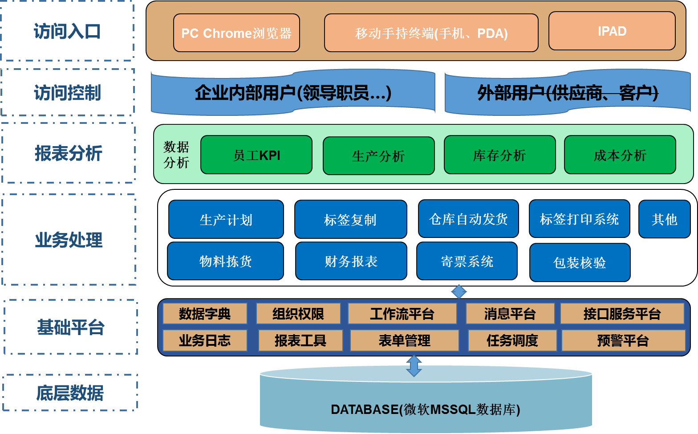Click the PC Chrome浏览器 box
coord(236,33)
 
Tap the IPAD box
coord(612,31)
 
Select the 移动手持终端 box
coord(431,33)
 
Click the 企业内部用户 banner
coord(293,93)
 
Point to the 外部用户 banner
coord(568,93)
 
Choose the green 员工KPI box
coord(256,155)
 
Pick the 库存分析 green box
coord(499,155)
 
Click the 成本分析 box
coord(620,155)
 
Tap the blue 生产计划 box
coord(226,219)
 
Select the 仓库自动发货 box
coord(468,219)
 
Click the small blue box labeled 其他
coord(664,219)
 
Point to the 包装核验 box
coord(580,262)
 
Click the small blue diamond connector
coord(459,292)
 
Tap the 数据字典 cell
coord(205,314)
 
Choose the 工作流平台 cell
coord(402,314)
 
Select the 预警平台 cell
coord(623,341)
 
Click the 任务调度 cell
coord(512,341)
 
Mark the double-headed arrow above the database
coord(414,366)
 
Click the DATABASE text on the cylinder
coord(425,409)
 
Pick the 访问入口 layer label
coord(68,31)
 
